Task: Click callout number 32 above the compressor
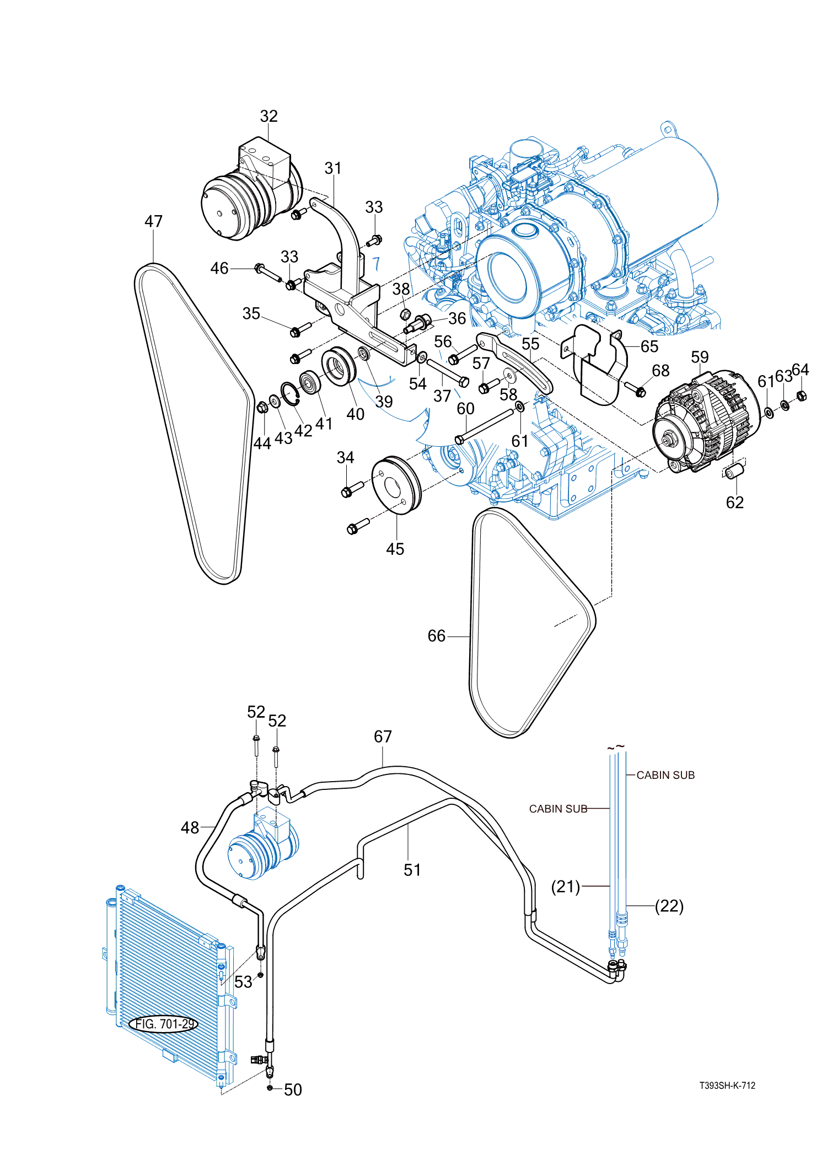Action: pyautogui.click(x=269, y=116)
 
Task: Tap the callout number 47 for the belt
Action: pyautogui.click(x=154, y=221)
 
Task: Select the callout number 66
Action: pyautogui.click(x=437, y=636)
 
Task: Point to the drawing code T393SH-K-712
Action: pyautogui.click(x=727, y=1086)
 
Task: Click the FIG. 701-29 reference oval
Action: pyautogui.click(x=164, y=1024)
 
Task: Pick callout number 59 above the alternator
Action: pyautogui.click(x=700, y=357)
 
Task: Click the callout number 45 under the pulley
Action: pyautogui.click(x=395, y=549)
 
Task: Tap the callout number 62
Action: pyautogui.click(x=735, y=502)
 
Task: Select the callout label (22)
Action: pyautogui.click(x=669, y=906)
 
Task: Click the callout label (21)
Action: pyautogui.click(x=566, y=886)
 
